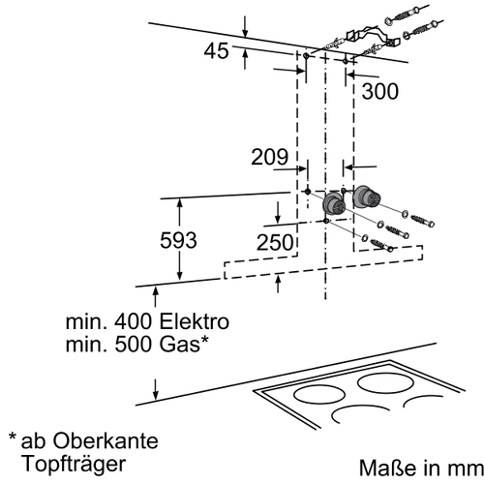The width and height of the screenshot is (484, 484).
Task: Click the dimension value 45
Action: point(216,51)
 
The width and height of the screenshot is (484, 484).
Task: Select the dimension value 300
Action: point(380,91)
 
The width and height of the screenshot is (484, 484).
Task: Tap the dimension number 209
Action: point(269,157)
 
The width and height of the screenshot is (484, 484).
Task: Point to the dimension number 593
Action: point(178,240)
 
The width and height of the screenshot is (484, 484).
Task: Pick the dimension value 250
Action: point(275,242)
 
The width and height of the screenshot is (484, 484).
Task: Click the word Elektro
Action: point(195,321)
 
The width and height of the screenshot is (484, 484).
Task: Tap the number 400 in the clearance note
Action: point(134,321)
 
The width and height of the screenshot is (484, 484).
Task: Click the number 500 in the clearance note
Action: point(134,345)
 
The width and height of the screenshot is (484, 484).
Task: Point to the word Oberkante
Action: point(106,440)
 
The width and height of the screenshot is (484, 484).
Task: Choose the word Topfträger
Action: point(74,464)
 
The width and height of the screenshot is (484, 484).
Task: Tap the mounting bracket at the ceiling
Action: point(373,37)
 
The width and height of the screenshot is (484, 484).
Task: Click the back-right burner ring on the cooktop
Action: point(385,383)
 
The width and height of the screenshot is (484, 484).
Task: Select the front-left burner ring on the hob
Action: point(319,395)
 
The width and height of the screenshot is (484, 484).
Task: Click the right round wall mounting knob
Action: point(366,197)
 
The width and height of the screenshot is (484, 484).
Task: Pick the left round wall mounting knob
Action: point(334,204)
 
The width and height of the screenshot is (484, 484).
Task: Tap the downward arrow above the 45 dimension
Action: point(245,26)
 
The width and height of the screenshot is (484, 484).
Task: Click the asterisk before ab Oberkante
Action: point(13,437)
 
